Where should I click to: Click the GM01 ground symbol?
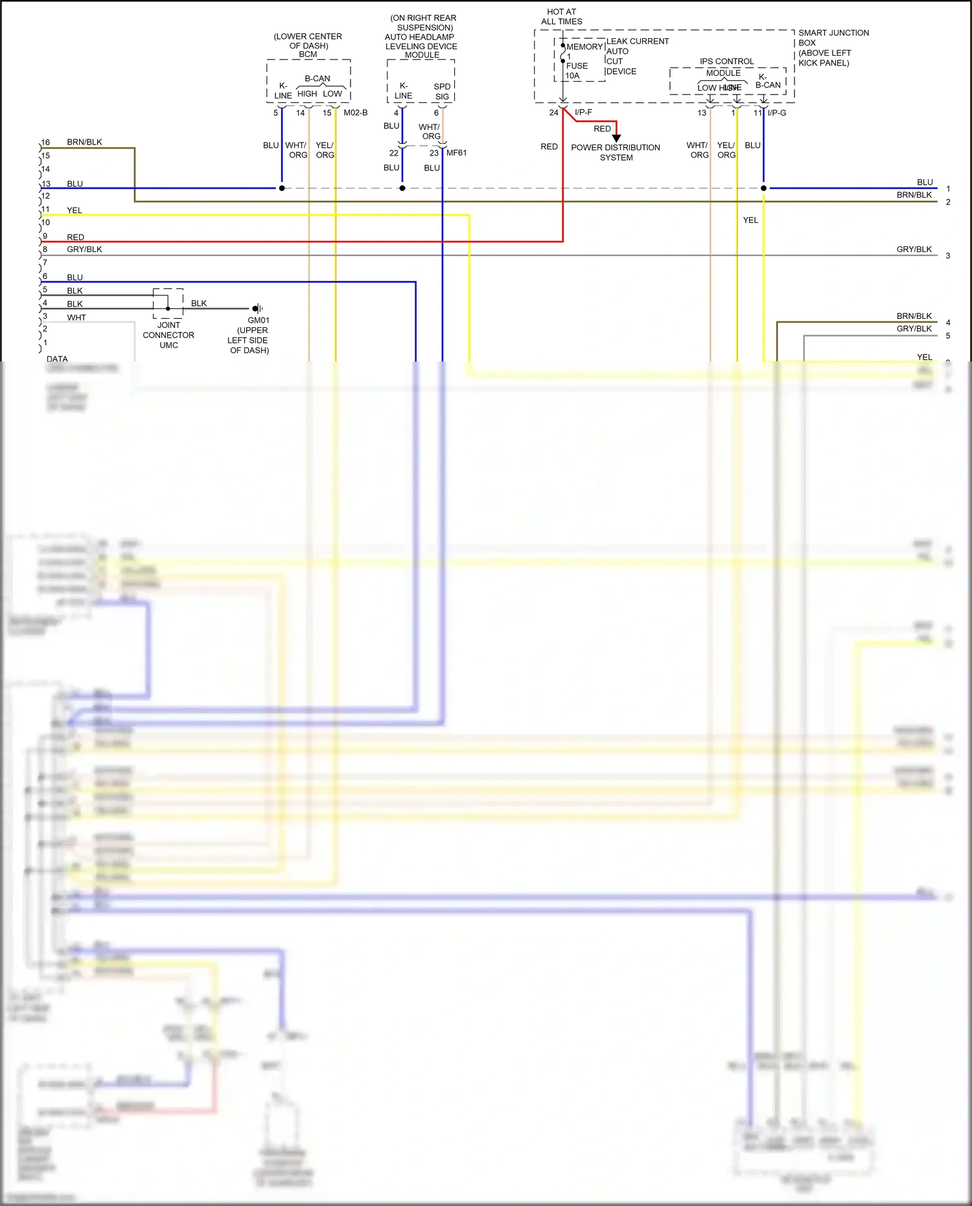pos(257,308)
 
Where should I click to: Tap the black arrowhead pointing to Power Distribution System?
pos(616,138)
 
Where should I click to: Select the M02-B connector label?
pos(355,113)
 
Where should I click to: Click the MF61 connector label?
pos(456,153)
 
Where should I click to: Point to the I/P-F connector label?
pos(583,113)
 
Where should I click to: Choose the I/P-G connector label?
pos(777,113)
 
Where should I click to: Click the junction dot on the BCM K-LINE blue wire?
pos(282,188)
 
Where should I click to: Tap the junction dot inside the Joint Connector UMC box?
pos(168,308)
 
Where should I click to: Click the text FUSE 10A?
pos(576,71)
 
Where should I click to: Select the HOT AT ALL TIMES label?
pos(562,17)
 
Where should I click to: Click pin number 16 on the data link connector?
pos(45,143)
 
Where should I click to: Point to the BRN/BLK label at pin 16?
pos(84,142)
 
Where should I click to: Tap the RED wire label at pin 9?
pos(75,237)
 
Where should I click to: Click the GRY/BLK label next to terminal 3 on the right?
pos(914,249)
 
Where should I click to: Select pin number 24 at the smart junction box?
pos(553,113)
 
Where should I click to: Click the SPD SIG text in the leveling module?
pos(442,91)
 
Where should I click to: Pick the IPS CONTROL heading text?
pos(726,62)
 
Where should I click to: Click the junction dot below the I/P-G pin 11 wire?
pos(763,188)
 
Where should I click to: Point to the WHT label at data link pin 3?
pos(76,318)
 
